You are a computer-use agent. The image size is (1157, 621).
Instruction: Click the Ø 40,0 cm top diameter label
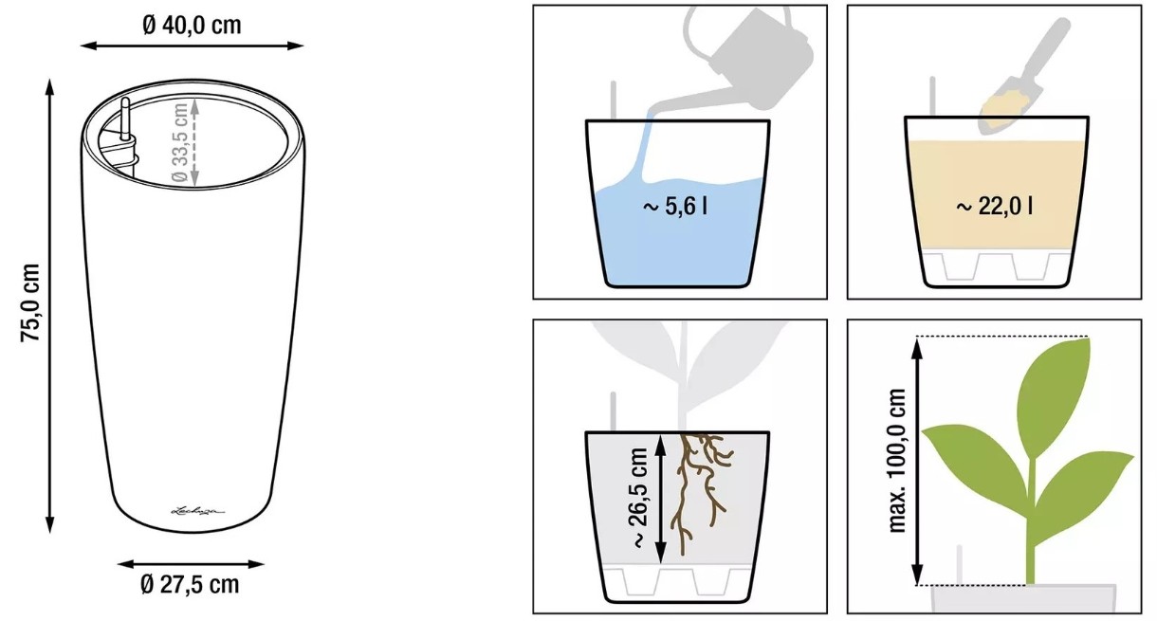pos(192,26)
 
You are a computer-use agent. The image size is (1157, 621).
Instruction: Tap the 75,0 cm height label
pos(30,302)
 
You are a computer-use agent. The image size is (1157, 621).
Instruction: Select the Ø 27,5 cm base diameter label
pos(190,585)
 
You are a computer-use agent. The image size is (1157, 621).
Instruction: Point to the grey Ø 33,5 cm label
pos(179,142)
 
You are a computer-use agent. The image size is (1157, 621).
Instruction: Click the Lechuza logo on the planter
pos(198,511)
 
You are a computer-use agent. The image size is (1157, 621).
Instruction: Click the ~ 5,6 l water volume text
pos(675,207)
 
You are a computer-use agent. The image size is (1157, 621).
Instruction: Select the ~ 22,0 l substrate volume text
pos(994,207)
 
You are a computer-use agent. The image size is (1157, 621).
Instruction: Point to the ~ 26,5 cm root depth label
pos(639,498)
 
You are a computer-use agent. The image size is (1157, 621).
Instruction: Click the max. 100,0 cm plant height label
pos(897,461)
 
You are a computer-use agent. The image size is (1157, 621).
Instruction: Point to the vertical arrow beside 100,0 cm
pos(917,461)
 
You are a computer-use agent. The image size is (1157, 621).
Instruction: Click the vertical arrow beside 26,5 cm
pos(661,498)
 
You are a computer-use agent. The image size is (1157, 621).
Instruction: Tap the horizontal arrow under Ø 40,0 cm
pos(192,46)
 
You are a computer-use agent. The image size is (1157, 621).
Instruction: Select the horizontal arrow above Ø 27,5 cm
pos(191,564)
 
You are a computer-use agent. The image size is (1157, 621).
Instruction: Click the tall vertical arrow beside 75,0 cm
pos(49,306)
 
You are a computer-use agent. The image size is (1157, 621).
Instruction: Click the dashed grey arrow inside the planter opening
pos(194,142)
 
